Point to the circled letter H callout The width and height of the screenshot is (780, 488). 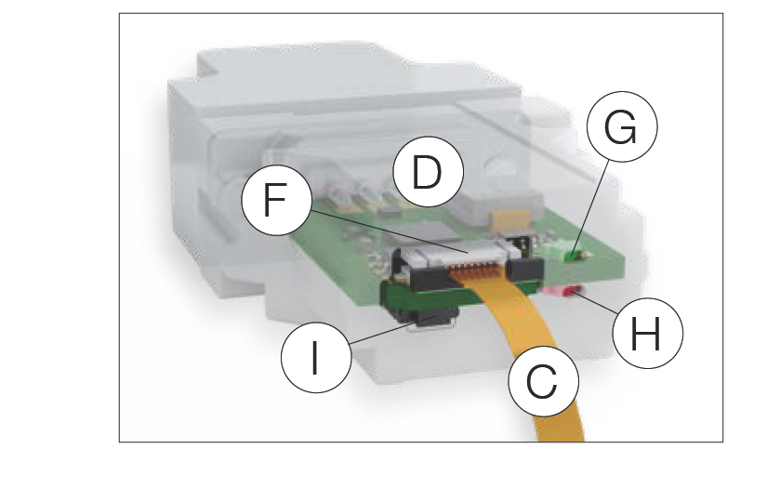pos(647,332)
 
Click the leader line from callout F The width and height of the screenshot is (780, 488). pos(390,235)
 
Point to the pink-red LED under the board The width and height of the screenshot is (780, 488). pos(563,293)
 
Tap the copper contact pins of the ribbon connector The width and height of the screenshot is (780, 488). pos(465,270)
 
